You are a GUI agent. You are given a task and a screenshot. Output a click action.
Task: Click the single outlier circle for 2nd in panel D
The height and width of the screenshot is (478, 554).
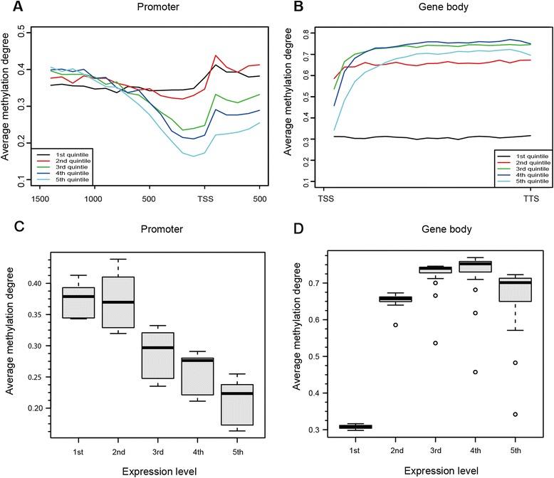pos(397,325)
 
